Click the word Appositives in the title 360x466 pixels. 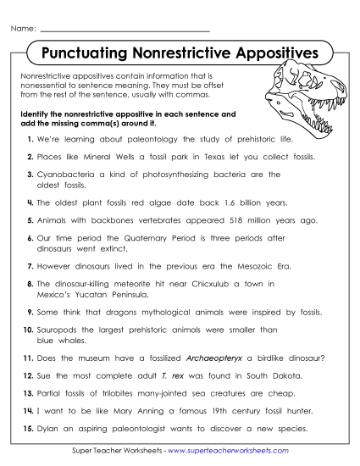[270, 54]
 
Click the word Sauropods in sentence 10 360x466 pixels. [58, 330]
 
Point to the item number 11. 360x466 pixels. [27, 358]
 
